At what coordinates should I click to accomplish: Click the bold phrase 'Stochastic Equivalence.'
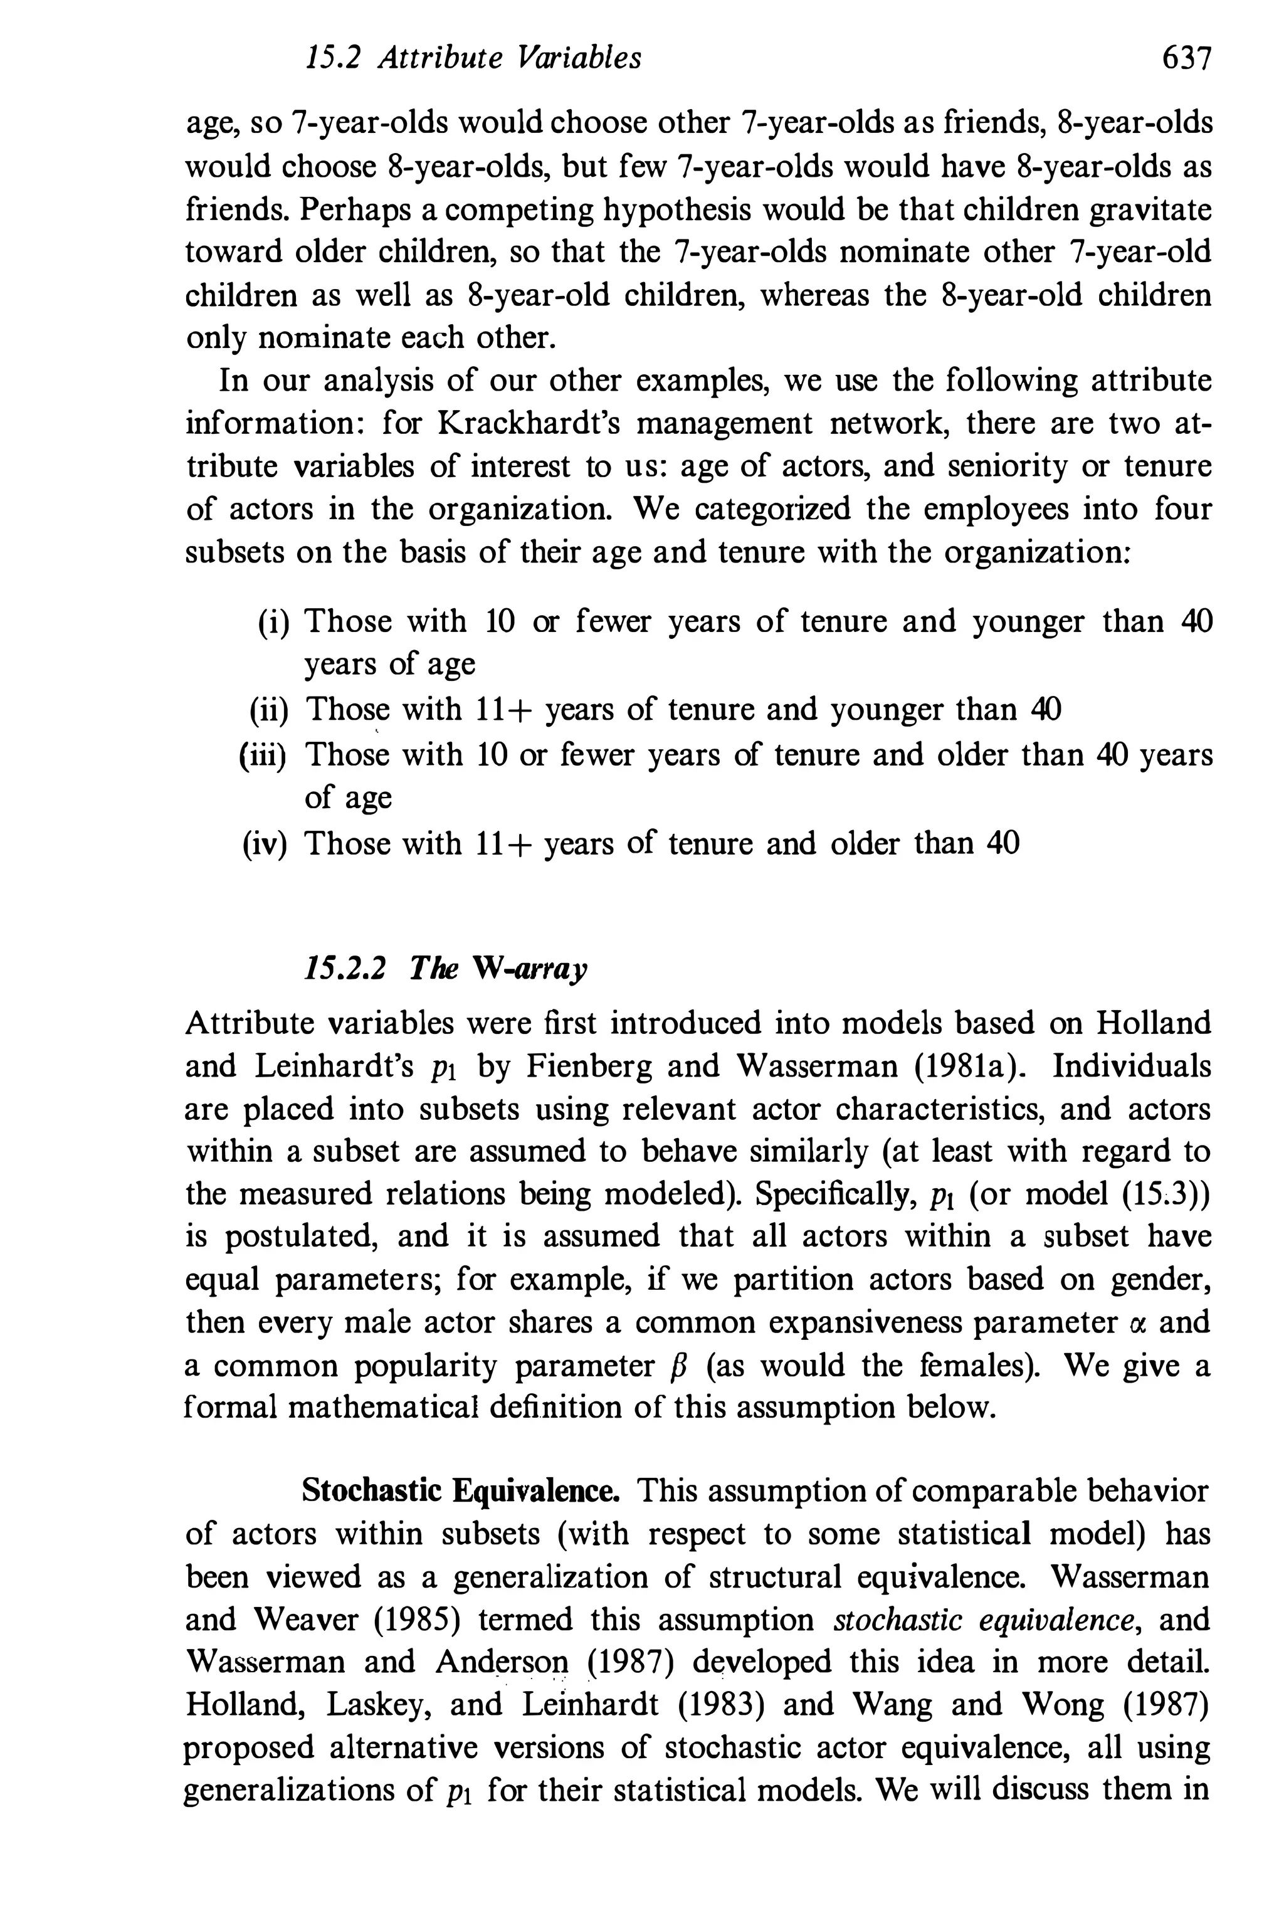460,1490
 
